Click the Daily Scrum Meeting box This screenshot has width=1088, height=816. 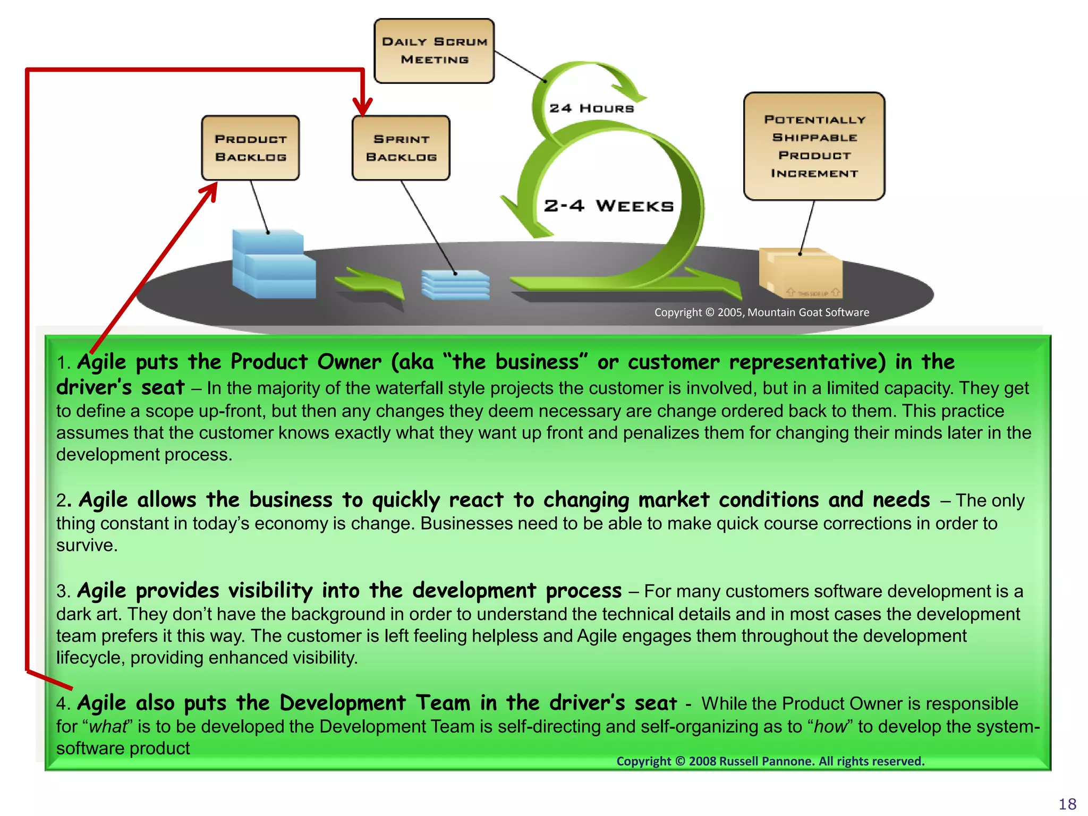[434, 51]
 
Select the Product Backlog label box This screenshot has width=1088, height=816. [250, 148]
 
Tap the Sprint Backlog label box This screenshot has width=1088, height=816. [401, 148]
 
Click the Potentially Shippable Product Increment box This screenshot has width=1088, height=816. [814, 146]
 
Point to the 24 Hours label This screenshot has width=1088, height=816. [591, 108]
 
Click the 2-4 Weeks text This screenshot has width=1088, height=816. [608, 206]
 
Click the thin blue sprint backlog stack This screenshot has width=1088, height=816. [455, 285]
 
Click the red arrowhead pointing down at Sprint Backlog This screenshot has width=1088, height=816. [362, 106]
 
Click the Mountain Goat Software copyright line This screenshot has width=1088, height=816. [761, 312]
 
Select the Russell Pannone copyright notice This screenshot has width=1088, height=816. [770, 761]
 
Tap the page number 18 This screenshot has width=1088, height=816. [1067, 804]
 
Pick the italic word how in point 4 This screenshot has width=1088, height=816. [830, 727]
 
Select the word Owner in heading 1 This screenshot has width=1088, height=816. [349, 362]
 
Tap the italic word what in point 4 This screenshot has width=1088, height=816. [108, 727]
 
